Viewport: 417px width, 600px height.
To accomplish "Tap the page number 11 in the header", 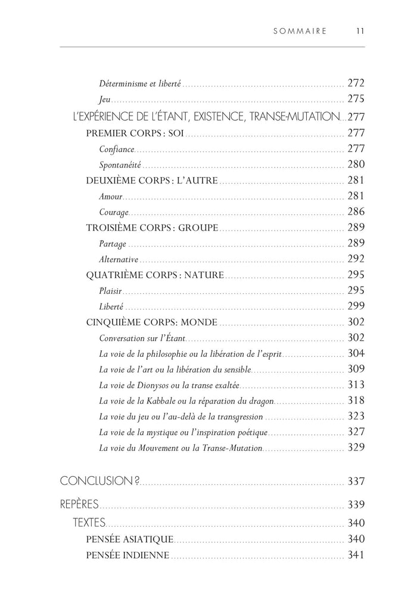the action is (x=359, y=32).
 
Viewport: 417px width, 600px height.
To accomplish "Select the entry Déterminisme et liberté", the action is (x=140, y=84).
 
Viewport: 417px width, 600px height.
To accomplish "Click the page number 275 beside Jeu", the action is (x=355, y=100).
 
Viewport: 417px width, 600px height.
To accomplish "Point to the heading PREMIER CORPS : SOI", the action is (x=135, y=132).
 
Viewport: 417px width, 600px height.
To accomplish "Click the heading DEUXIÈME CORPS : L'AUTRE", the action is (x=152, y=181).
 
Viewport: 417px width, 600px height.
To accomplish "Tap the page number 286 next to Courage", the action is (x=355, y=212).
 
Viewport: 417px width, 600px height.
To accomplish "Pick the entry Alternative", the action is (x=119, y=260).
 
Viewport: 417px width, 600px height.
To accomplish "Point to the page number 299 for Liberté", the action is (x=355, y=307).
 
